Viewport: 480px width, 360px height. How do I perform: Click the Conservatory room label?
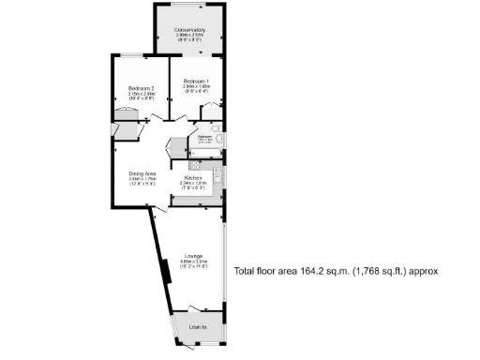tap(190, 30)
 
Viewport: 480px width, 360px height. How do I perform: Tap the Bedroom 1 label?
tap(196, 80)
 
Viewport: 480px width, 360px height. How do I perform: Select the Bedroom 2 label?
tap(141, 88)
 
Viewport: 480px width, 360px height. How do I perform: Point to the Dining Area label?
tap(142, 174)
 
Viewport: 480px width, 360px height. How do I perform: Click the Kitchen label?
tap(193, 177)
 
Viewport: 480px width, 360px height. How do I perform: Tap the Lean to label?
tap(197, 327)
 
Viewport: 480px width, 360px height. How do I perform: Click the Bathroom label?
tap(204, 137)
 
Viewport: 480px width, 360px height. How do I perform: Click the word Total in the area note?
tap(245, 271)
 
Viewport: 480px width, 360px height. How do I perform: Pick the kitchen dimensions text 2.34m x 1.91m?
tap(193, 183)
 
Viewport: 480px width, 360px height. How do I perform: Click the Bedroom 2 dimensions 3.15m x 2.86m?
tap(141, 94)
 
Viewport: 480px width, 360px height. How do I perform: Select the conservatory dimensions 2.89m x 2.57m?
tap(190, 36)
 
